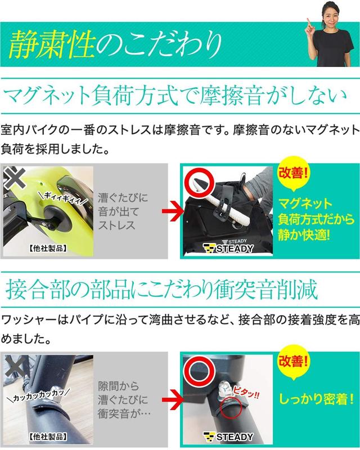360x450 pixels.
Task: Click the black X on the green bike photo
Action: [x=12, y=178]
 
